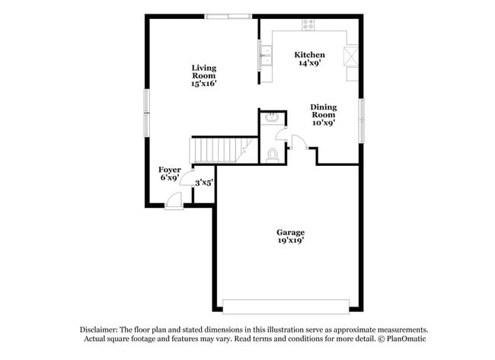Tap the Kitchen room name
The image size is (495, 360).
(310, 55)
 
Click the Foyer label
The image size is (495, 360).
(169, 169)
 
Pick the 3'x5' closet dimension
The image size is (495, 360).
(203, 183)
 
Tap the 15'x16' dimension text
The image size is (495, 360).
(204, 84)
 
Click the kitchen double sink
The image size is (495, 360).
(267, 54)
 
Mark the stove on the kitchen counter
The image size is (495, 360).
(308, 24)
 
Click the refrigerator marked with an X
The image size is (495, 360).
(352, 56)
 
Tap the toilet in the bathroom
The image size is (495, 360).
(273, 155)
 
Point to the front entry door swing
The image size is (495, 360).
(174, 199)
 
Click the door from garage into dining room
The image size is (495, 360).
(299, 142)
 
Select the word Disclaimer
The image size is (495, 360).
(102, 330)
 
